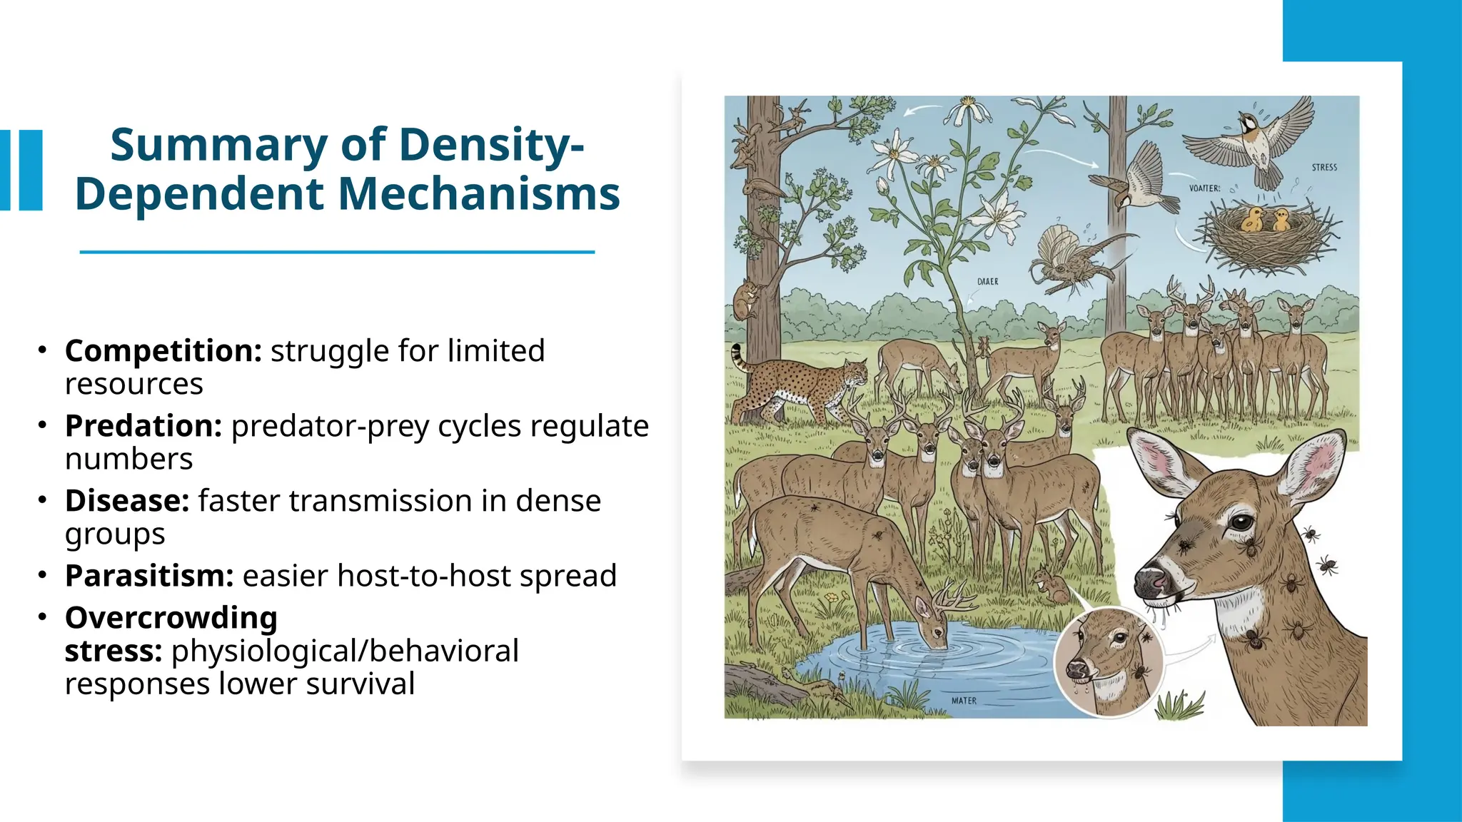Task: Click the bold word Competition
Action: pos(163,351)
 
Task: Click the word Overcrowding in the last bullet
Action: pos(171,618)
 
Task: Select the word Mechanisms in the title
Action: pos(478,194)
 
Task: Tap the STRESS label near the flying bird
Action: pos(1324,167)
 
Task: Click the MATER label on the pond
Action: pos(964,701)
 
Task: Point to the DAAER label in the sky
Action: pos(987,282)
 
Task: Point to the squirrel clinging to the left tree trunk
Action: pos(747,300)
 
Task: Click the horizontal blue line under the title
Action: pos(337,252)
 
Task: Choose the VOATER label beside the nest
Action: pos(1204,188)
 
